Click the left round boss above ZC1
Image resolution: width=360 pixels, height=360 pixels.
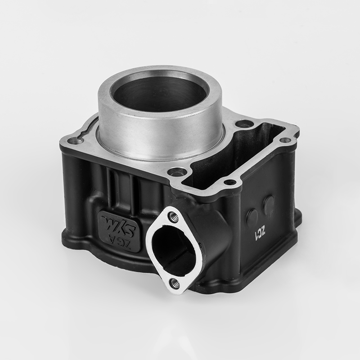click(252, 216)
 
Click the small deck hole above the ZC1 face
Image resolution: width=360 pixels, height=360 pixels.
click(230, 182)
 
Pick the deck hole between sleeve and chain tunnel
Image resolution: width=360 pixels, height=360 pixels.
click(243, 123)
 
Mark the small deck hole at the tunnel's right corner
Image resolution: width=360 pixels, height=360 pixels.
click(284, 140)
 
